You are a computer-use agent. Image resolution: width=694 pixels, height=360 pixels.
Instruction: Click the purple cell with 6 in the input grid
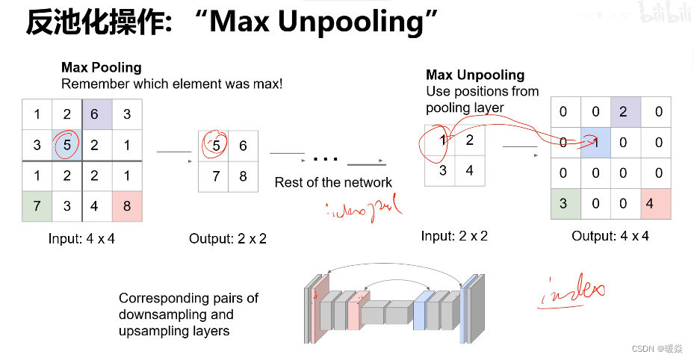click(x=94, y=114)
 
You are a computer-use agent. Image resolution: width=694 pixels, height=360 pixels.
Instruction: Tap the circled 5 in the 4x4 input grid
click(x=66, y=145)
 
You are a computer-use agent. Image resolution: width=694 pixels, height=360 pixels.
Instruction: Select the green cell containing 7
click(x=37, y=205)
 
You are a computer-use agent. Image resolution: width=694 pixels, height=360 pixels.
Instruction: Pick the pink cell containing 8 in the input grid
click(x=127, y=205)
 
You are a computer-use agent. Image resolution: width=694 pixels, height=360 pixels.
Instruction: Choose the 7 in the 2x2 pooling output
click(x=215, y=177)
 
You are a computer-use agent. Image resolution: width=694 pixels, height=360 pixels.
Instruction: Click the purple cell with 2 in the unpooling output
click(x=625, y=112)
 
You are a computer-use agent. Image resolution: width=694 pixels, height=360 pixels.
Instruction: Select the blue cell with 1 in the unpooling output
click(x=595, y=142)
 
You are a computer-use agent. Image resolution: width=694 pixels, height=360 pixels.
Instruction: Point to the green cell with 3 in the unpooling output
click(x=564, y=203)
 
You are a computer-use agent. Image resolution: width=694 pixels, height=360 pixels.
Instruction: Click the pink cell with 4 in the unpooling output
click(x=655, y=203)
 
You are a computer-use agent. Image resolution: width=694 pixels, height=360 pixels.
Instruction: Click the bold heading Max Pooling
click(x=101, y=68)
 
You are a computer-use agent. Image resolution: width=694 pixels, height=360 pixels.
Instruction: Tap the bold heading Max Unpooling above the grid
click(x=475, y=75)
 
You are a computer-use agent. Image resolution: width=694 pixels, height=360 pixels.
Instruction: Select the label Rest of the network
click(x=333, y=182)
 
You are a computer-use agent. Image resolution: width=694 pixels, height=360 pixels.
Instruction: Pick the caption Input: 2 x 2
click(x=453, y=236)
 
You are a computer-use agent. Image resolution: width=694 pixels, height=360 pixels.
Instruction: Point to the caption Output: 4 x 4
click(x=610, y=236)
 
